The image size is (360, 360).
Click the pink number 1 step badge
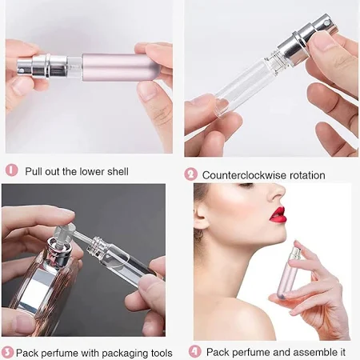[x=11, y=170]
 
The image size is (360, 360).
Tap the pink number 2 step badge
[x=190, y=174]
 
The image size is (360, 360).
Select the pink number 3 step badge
[x=8, y=352]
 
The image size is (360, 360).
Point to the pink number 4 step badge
[x=195, y=351]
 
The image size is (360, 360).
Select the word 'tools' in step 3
[x=162, y=353]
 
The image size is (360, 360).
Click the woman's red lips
[x=278, y=215]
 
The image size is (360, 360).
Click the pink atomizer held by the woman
[x=287, y=270]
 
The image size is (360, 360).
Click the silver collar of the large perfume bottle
[x=60, y=251]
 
